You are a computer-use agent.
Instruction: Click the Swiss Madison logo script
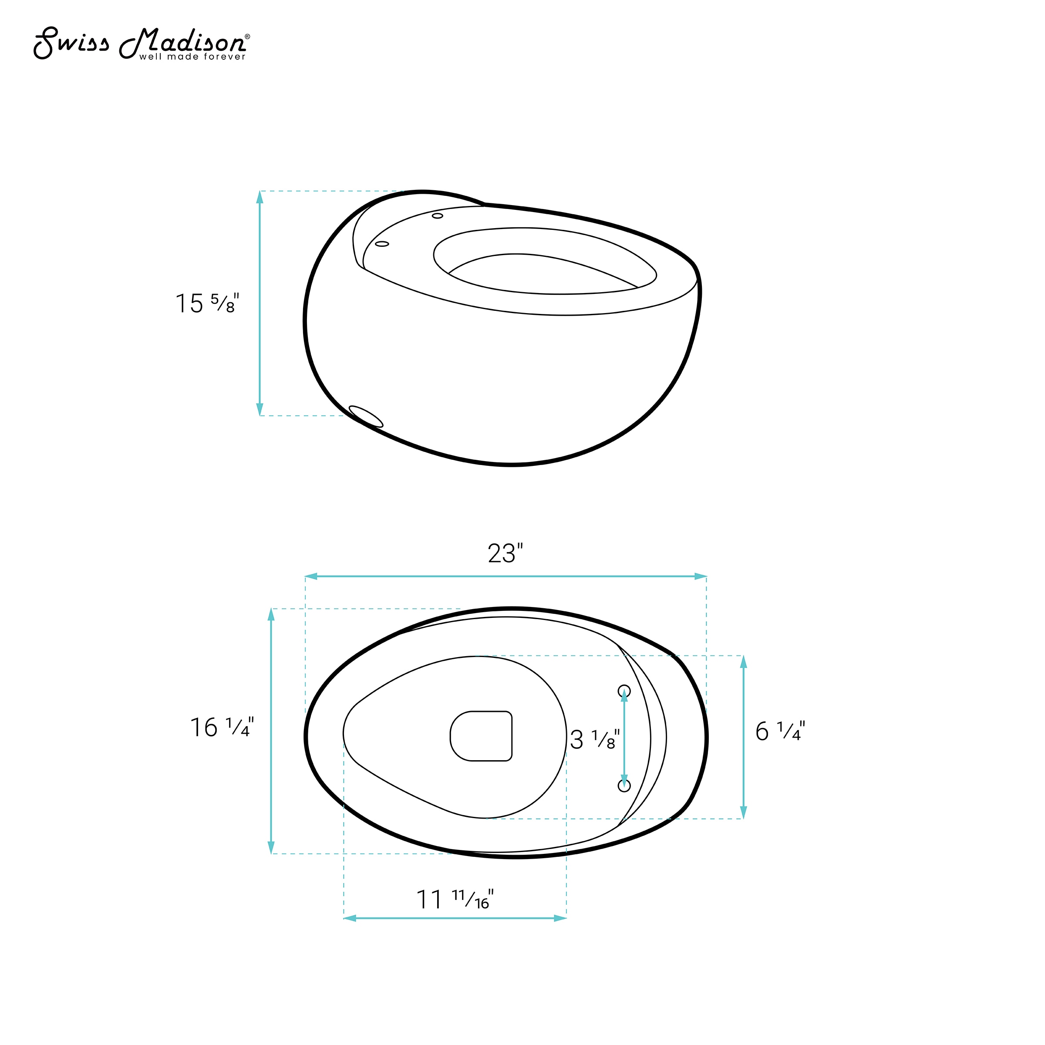[139, 42]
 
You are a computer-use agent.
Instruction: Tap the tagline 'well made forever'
[192, 57]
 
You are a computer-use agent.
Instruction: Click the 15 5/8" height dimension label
[207, 303]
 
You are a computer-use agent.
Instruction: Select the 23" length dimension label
[505, 553]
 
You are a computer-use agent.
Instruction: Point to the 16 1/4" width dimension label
[222, 727]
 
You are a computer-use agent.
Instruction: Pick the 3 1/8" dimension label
[594, 739]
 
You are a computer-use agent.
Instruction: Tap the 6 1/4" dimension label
[780, 731]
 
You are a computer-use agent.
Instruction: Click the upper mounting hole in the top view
[624, 691]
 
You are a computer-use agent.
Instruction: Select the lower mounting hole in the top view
[624, 785]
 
